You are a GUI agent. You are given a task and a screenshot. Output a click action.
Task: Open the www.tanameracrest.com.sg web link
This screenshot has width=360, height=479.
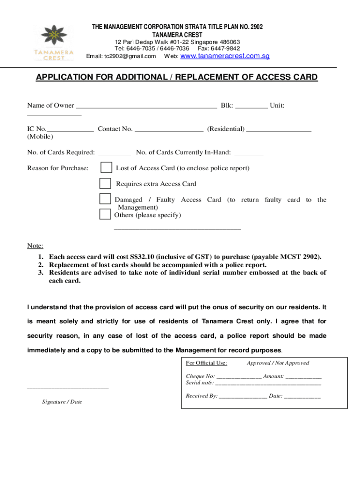click(225, 56)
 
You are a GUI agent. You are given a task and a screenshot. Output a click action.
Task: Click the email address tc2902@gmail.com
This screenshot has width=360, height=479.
click(130, 56)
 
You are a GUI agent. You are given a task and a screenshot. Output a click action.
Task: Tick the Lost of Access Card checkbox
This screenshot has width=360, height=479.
click(106, 167)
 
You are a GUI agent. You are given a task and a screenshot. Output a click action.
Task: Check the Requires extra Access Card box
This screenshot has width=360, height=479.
click(106, 183)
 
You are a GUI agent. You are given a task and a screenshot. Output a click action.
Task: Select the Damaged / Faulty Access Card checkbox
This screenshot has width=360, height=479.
click(105, 199)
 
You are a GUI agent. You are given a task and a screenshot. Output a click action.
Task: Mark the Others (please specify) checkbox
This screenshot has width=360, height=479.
click(105, 214)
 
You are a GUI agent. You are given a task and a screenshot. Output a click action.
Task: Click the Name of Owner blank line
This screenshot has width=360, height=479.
click(146, 106)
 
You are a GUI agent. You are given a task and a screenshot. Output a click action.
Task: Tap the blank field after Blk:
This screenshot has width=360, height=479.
click(252, 106)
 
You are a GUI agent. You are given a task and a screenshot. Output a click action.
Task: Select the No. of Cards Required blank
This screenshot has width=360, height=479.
click(115, 153)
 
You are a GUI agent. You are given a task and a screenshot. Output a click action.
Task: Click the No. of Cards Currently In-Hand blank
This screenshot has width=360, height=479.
click(248, 153)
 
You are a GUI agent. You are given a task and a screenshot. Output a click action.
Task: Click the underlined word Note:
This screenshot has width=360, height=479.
click(35, 246)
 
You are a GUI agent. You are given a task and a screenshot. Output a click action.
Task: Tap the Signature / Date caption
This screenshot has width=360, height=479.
click(62, 401)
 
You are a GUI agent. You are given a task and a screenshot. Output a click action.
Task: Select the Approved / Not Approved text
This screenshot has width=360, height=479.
click(278, 363)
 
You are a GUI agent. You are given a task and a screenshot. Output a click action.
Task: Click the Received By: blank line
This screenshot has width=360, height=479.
click(243, 397)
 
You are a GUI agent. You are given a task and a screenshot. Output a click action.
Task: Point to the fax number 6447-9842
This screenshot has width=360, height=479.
click(225, 48)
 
